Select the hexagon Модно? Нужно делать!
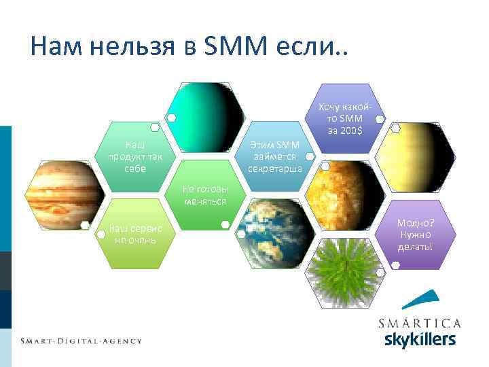tap(415, 234)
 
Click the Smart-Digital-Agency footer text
tap(81, 340)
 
